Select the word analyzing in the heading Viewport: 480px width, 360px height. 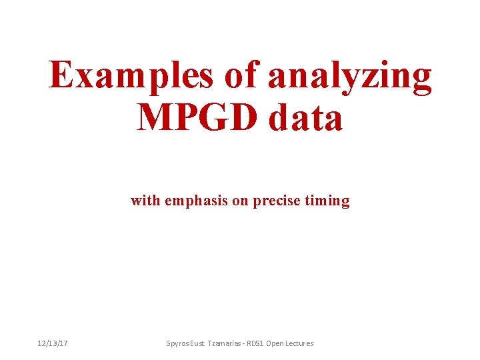click(x=350, y=76)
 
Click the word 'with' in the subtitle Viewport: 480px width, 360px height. click(x=145, y=200)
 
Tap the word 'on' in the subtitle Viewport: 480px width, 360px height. click(x=239, y=201)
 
